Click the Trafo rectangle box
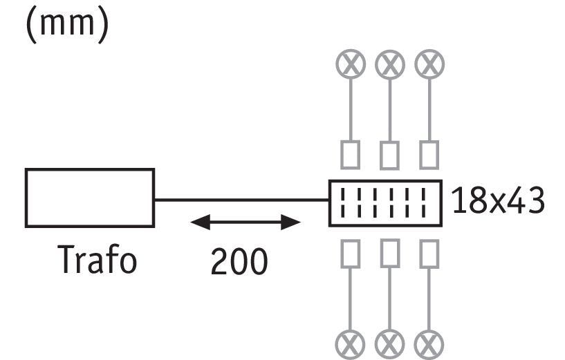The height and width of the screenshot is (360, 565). tap(90, 198)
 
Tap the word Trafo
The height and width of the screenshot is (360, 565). tap(97, 260)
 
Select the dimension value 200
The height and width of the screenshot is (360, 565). tap(239, 262)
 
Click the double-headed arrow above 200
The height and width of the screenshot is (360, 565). tap(246, 222)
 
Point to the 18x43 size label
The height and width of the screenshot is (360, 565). tap(498, 202)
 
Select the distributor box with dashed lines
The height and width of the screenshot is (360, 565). tap(385, 202)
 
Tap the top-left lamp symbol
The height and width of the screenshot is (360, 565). tap(351, 64)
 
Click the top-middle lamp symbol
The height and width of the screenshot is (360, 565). tap(390, 64)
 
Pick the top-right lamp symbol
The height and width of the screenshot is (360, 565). tap(429, 64)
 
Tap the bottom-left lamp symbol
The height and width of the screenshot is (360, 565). tap(351, 342)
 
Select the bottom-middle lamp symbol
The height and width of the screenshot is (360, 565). tap(390, 342)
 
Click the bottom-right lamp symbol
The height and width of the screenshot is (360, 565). tap(429, 342)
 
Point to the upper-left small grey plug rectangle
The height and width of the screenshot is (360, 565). tap(351, 154)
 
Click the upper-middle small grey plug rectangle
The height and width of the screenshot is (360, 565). tap(390, 154)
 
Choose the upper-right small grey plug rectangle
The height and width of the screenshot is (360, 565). tap(429, 154)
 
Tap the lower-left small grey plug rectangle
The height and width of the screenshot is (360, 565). tap(351, 252)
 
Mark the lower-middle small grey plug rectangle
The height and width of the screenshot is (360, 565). tap(390, 252)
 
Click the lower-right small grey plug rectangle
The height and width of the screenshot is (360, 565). tap(429, 252)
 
